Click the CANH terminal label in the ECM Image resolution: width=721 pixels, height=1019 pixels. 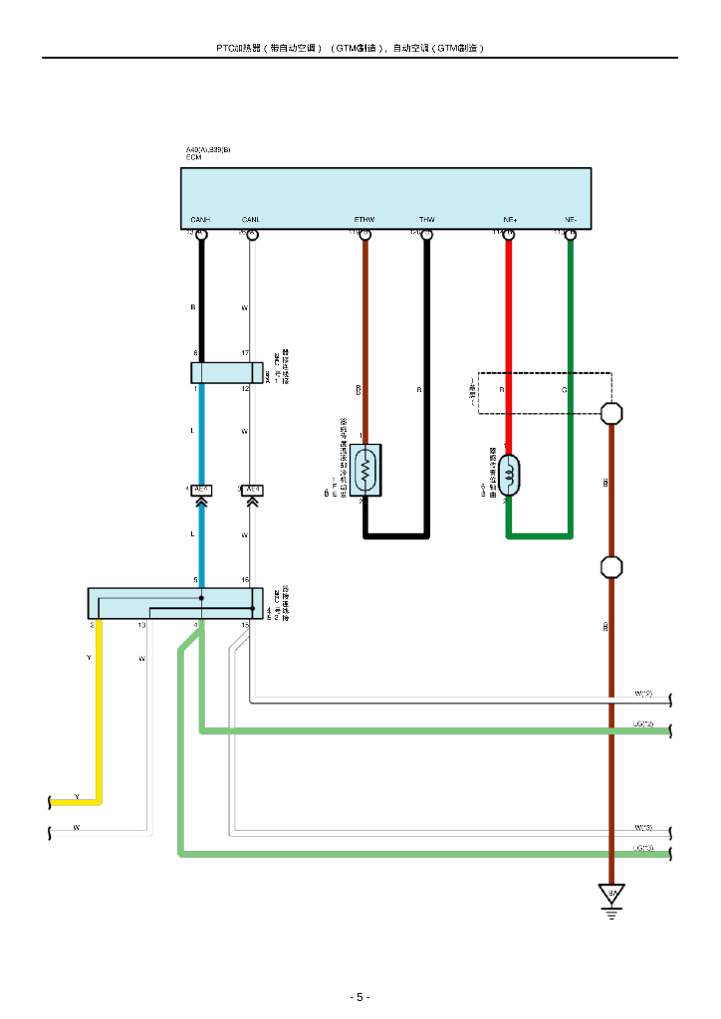pos(200,220)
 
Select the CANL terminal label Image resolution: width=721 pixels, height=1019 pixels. pos(251,220)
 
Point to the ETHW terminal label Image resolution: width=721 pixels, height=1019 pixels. pos(364,220)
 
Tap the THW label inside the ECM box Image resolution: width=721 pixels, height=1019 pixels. pos(427,220)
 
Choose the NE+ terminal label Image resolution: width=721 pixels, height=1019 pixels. pos(509,220)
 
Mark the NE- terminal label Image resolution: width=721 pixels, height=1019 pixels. pos(571,220)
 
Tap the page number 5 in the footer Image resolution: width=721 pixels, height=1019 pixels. pos(360,997)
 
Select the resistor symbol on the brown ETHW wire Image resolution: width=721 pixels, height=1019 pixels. pos(365,469)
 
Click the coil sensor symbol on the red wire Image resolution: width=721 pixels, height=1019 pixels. pos(509,475)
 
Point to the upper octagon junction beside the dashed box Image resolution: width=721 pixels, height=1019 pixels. pos(611,412)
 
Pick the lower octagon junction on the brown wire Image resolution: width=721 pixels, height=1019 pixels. pos(611,567)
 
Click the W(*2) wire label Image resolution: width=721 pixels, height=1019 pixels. pos(643,694)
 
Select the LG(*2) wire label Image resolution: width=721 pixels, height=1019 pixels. pos(643,723)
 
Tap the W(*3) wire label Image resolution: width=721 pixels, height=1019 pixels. pos(643,828)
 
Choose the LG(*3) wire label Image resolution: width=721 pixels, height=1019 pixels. pos(643,848)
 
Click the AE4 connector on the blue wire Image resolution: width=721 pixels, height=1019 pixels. pos(200,490)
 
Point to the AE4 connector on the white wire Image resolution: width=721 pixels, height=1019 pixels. pos(253,490)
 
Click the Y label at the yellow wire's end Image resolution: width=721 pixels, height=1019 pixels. pos(77,797)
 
